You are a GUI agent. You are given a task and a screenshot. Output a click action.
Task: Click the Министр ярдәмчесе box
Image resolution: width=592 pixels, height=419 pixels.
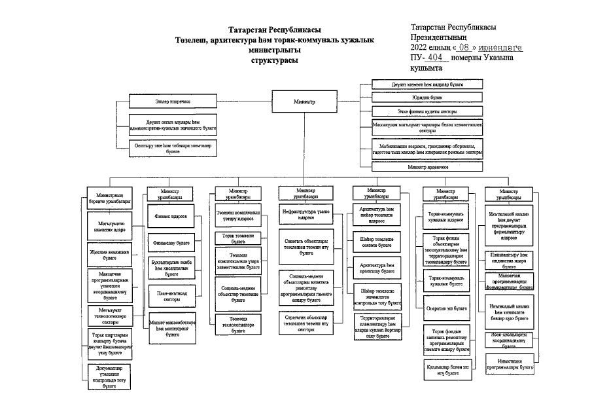(x=427, y=167)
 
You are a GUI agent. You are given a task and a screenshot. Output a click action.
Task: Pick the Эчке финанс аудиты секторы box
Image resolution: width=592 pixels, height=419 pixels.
(x=427, y=111)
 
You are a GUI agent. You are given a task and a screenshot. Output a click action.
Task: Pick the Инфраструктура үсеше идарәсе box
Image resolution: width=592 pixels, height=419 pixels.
(x=305, y=214)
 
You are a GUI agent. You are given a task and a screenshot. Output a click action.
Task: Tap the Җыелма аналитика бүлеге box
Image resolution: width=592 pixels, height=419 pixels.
(x=109, y=254)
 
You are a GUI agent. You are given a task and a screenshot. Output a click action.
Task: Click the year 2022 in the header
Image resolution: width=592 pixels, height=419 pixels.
(x=421, y=48)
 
